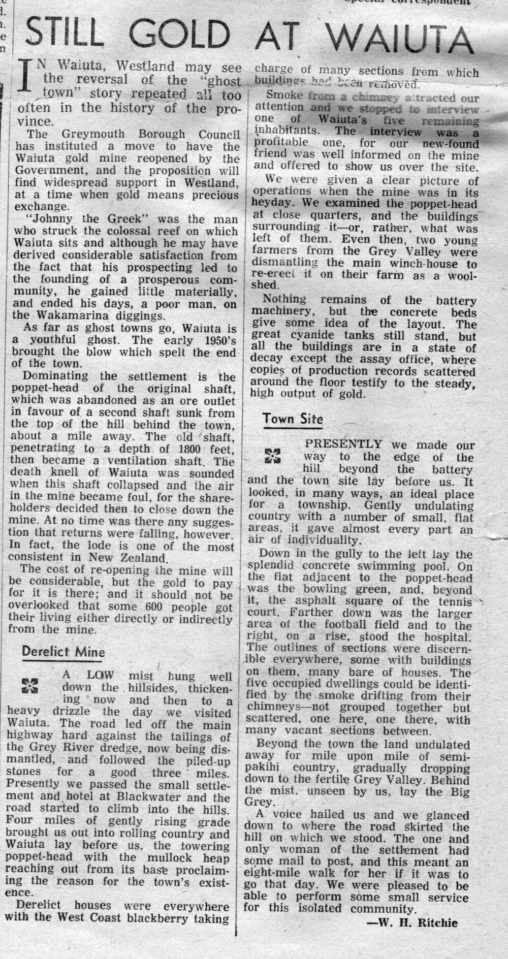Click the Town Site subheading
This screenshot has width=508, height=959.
click(292, 419)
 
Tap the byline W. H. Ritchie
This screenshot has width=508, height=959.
click(412, 923)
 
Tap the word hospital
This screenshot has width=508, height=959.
click(445, 636)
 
